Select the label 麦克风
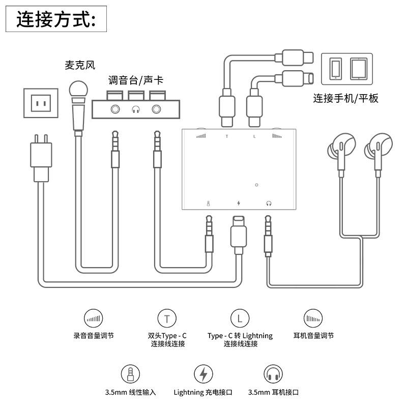click(80, 65)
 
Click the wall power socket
click(41, 103)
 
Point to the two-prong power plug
click(41, 158)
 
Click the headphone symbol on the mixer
click(136, 109)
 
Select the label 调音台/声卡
click(135, 80)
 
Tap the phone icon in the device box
click(335, 69)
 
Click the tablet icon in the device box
click(359, 69)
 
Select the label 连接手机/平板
click(345, 98)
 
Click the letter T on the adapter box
click(227, 136)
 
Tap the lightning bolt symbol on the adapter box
click(239, 203)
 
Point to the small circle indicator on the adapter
click(256, 185)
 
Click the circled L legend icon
click(240, 318)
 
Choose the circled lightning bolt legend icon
click(203, 374)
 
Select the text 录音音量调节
click(94, 336)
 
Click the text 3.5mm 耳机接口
click(273, 392)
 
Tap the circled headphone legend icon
click(273, 374)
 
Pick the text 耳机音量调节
click(313, 336)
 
